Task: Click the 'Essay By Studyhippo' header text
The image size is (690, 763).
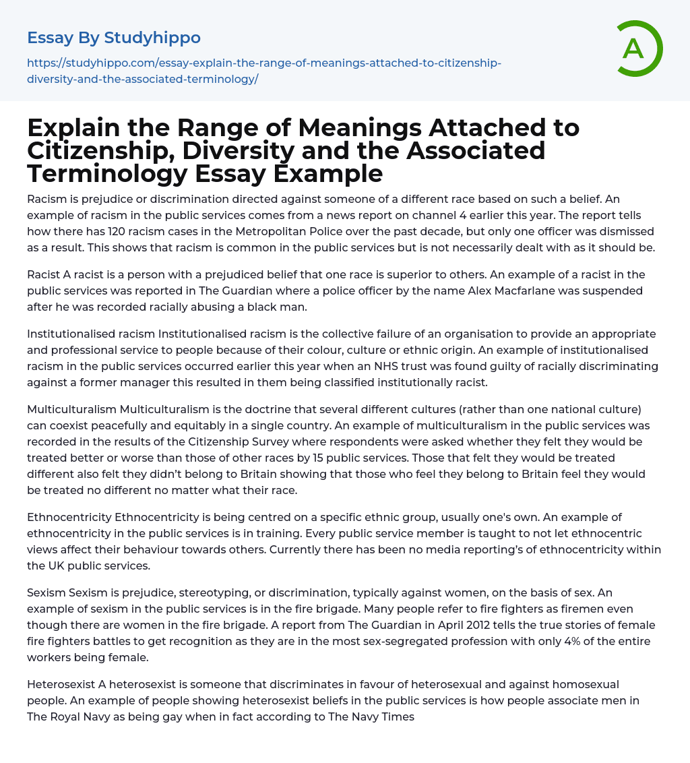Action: pos(114,38)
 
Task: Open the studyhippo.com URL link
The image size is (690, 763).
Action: pos(263,71)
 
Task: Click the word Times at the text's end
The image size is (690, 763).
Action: pos(398,716)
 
